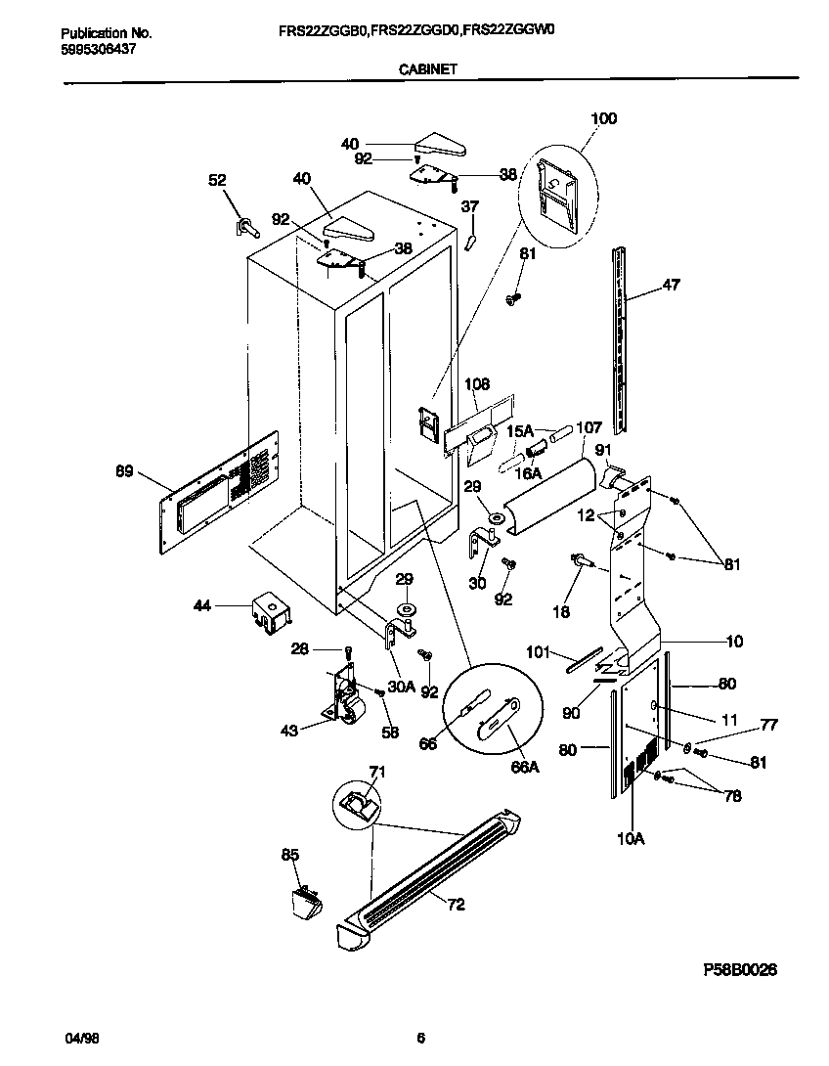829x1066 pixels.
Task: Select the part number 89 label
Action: point(124,472)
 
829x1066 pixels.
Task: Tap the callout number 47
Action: point(671,285)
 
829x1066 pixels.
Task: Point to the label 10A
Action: point(630,838)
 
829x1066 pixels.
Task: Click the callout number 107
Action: point(589,426)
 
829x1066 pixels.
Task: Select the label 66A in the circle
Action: point(525,769)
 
